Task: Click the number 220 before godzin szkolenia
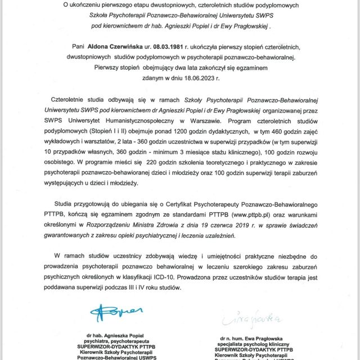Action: (155, 164)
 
